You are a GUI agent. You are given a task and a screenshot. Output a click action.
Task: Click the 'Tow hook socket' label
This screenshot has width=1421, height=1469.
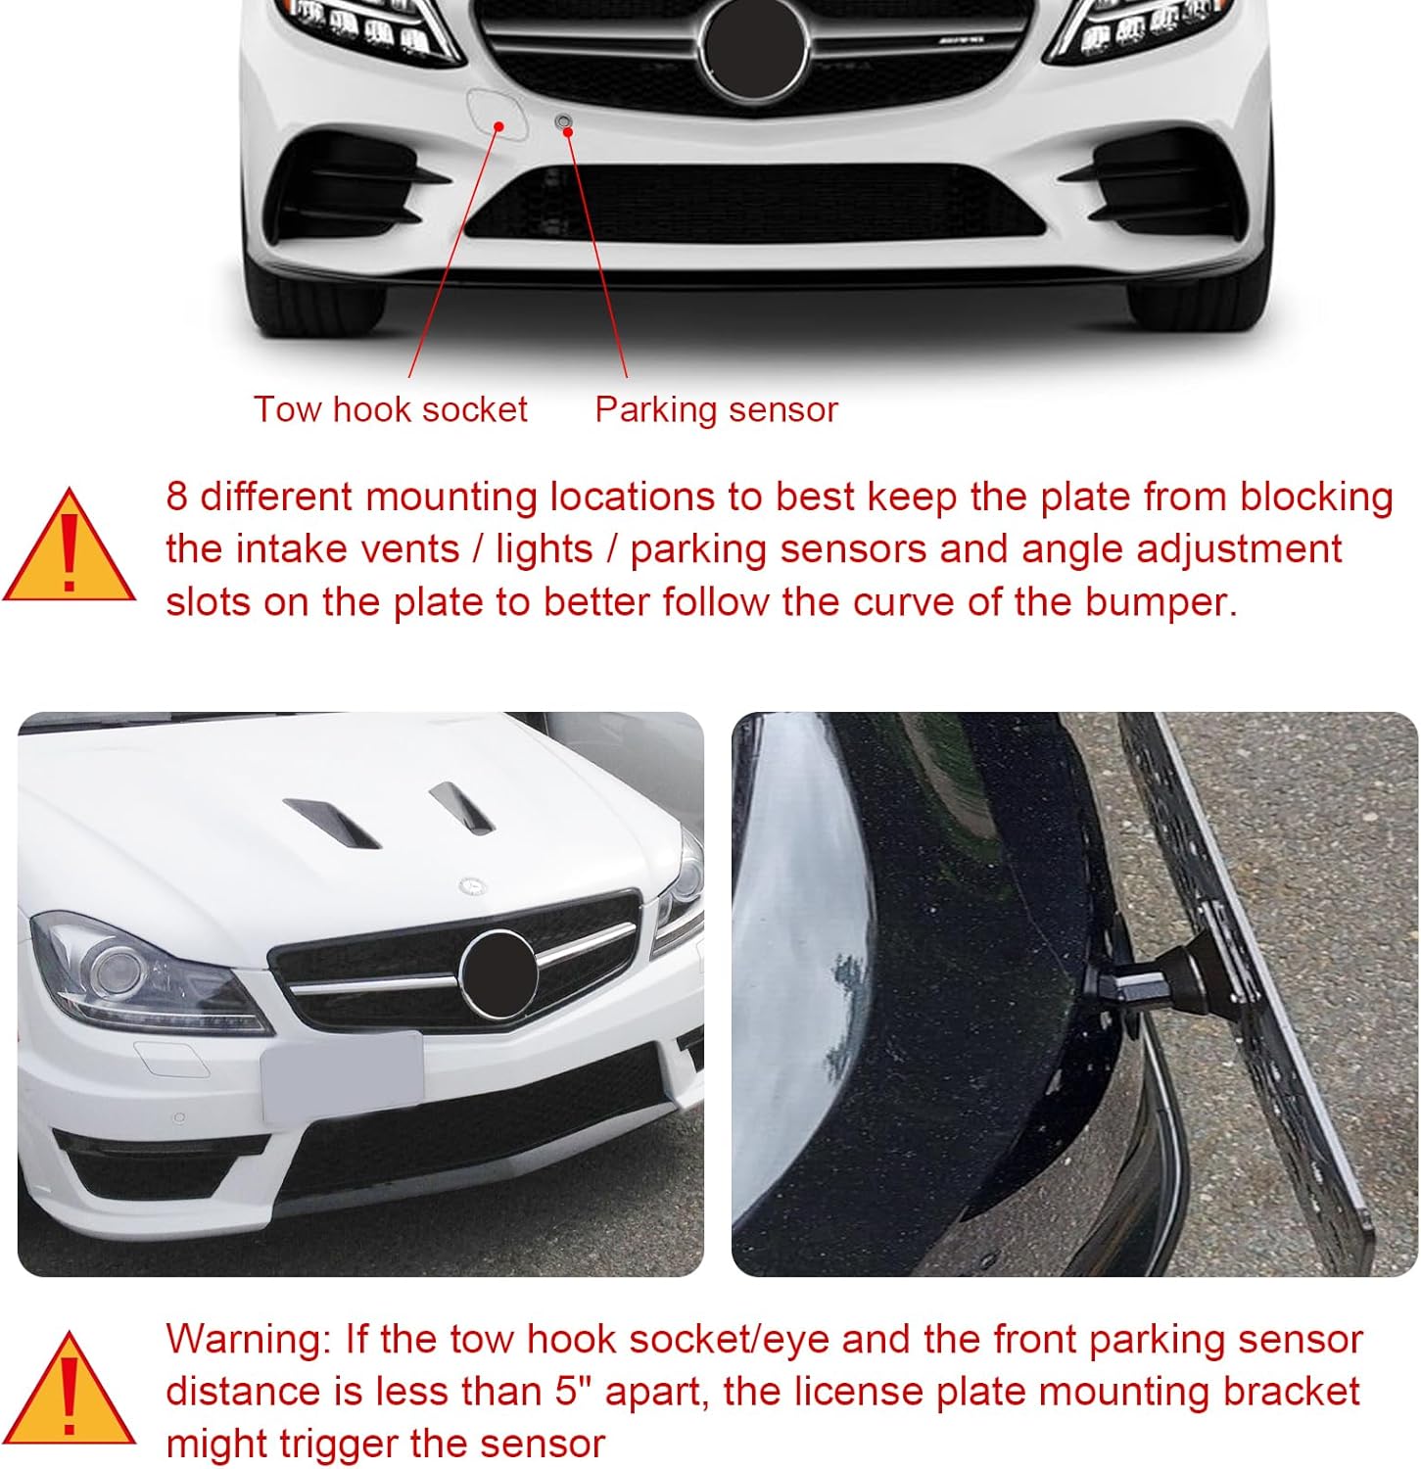click(390, 409)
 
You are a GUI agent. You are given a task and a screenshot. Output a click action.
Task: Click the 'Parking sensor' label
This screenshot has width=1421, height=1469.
click(716, 409)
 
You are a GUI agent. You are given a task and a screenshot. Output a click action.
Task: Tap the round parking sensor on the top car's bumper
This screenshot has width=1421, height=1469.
click(563, 121)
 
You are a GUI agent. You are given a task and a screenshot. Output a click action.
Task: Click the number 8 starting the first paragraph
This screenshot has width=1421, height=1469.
click(176, 497)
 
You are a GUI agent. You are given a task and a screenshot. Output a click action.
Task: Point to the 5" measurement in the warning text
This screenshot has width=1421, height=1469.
click(568, 1392)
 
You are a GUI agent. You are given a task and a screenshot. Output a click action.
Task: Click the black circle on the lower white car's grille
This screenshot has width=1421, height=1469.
click(499, 974)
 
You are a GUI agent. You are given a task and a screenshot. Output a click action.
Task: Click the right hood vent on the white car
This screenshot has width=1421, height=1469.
click(460, 809)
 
